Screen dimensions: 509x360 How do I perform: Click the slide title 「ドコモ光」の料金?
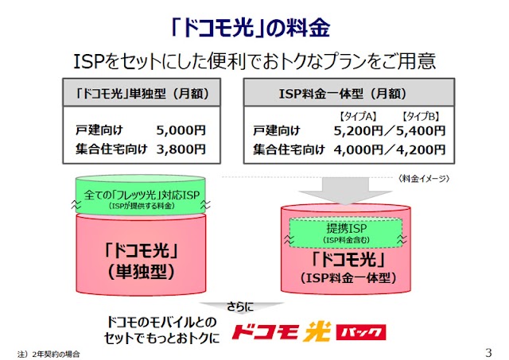[251, 27]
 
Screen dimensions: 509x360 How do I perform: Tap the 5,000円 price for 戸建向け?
[181, 130]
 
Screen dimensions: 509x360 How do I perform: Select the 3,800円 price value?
[181, 149]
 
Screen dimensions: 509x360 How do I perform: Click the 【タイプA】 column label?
[358, 116]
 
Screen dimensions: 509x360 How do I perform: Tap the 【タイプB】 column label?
[421, 116]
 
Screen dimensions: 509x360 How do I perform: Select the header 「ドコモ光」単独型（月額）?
[142, 94]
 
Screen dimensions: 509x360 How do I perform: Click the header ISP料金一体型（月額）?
[343, 94]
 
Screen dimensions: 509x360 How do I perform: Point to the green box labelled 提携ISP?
[345, 233]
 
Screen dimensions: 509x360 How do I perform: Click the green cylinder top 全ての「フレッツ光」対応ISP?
[141, 195]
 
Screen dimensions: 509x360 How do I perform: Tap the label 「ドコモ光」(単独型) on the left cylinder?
[141, 261]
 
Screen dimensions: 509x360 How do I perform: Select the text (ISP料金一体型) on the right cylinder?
[348, 278]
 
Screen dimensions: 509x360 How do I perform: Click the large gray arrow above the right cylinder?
[345, 191]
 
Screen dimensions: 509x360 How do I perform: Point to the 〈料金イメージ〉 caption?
[424, 178]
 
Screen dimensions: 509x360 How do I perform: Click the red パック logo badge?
[361, 331]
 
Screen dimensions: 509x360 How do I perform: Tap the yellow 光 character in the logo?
[317, 331]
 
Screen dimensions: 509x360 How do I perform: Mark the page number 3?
[488, 352]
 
